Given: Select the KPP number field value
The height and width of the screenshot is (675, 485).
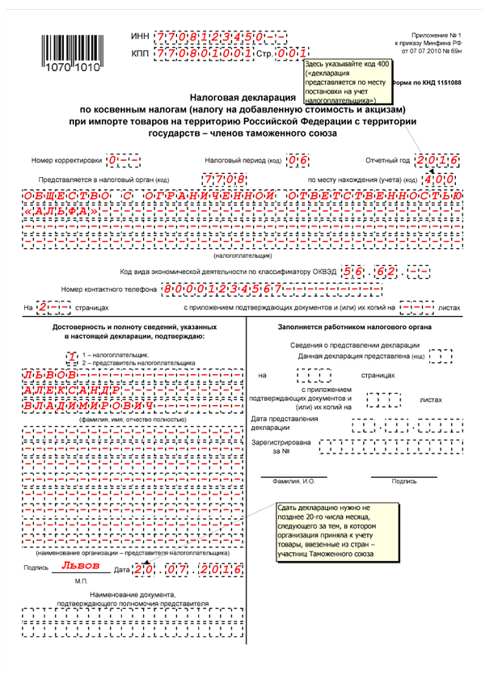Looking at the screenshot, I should point(197,53).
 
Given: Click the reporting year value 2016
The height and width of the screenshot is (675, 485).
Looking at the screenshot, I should point(438,159).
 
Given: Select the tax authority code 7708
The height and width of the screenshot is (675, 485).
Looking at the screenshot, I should point(226,178).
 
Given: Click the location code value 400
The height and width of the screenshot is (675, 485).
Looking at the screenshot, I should point(438,178).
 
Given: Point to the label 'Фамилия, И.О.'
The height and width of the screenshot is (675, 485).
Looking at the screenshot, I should point(293,481).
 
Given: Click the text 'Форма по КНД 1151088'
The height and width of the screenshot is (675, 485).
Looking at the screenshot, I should point(426,83).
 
